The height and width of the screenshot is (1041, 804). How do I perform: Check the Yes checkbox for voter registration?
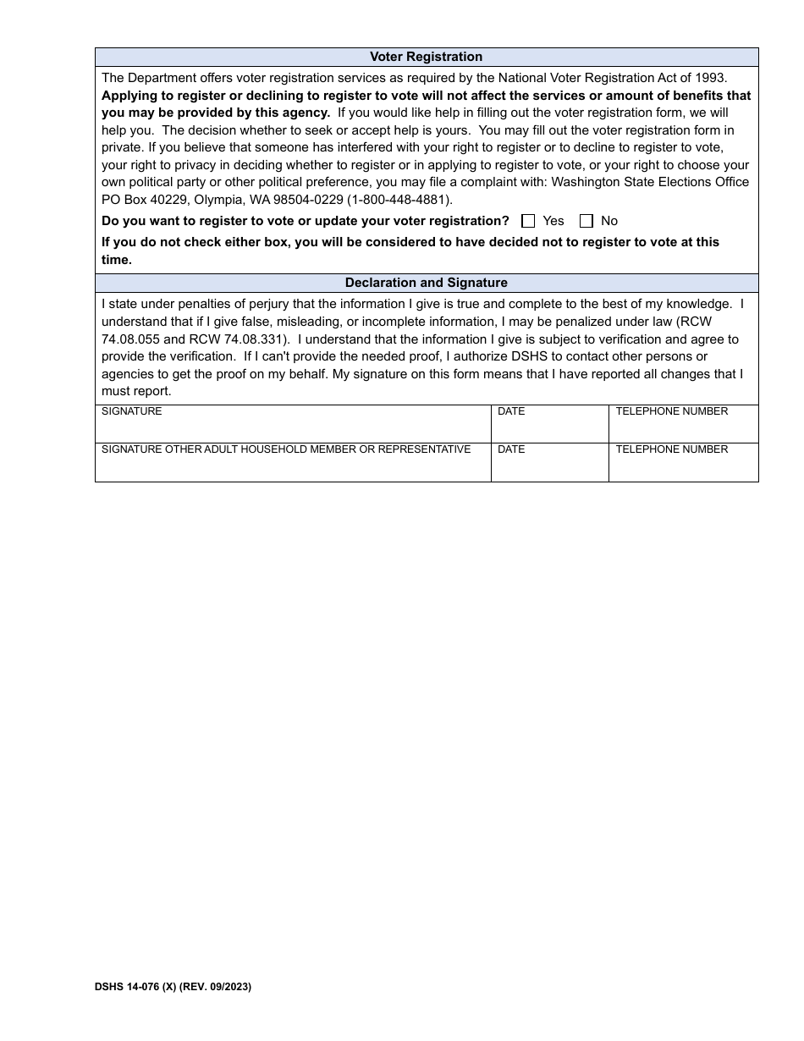point(528,221)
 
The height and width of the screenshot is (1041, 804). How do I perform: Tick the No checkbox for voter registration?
point(586,221)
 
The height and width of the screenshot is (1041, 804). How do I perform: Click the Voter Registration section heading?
point(426,57)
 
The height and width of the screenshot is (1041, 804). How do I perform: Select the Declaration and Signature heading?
point(426,283)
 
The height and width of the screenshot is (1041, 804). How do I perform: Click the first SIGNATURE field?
point(293,427)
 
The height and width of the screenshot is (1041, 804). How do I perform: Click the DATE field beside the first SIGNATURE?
point(549,427)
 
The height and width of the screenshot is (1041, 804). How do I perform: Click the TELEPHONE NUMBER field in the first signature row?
point(683,427)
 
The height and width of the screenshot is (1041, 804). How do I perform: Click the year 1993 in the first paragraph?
point(709,78)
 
